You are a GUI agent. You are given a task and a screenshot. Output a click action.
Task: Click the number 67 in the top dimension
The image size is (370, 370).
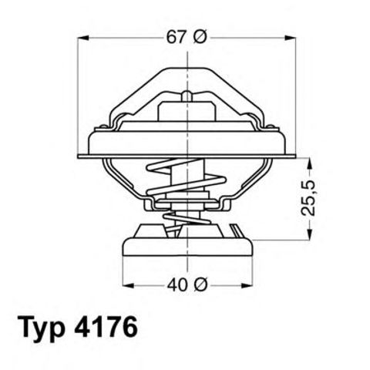tap(175, 37)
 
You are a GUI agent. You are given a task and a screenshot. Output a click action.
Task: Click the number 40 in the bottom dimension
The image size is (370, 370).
tap(177, 285)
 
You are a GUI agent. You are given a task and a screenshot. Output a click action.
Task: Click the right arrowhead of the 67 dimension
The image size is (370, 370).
tap(291, 37)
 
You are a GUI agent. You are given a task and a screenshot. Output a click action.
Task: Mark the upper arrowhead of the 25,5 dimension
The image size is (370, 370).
tap(310, 163)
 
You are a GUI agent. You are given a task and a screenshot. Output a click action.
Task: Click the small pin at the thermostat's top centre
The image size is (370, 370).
tap(187, 96)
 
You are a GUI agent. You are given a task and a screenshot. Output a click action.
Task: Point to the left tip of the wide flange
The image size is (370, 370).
tap(79, 156)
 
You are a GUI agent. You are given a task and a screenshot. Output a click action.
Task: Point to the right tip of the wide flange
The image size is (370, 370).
tap(295, 156)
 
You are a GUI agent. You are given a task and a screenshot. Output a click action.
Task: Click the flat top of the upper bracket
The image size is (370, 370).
tap(187, 71)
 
